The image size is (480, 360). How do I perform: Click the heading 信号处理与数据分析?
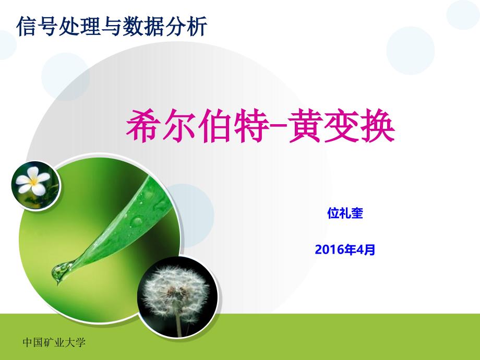[x=112, y=26]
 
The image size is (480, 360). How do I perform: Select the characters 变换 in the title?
[x=359, y=126]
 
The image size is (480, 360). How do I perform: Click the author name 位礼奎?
[x=345, y=213]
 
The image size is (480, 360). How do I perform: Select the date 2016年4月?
[x=345, y=249]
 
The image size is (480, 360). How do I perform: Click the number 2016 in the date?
[x=329, y=250]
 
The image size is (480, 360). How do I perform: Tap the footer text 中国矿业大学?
[x=54, y=342]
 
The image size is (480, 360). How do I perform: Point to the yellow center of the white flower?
[x=33, y=182]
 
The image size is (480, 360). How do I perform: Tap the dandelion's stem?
[x=178, y=324]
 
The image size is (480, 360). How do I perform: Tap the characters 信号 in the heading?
[x=37, y=26]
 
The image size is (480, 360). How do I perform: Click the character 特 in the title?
[x=251, y=126]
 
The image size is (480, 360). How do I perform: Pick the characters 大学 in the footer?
[x=75, y=342]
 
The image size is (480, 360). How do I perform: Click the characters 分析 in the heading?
[x=187, y=26]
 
